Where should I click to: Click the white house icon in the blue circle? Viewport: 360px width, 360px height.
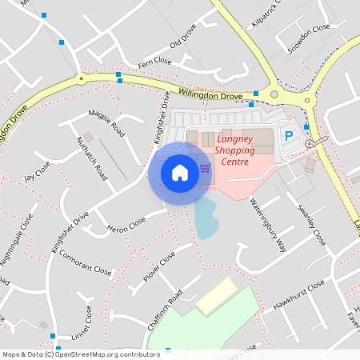(180, 172)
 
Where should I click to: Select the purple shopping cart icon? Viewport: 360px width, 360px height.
(206, 168)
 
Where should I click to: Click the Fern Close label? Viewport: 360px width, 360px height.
(154, 61)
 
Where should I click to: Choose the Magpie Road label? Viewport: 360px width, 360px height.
(107, 122)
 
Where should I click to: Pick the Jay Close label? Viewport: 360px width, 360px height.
(37, 170)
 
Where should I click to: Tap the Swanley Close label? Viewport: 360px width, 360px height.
(312, 225)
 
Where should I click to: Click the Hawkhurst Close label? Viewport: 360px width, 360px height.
(298, 295)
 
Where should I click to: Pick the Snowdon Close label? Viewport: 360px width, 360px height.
(310, 38)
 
